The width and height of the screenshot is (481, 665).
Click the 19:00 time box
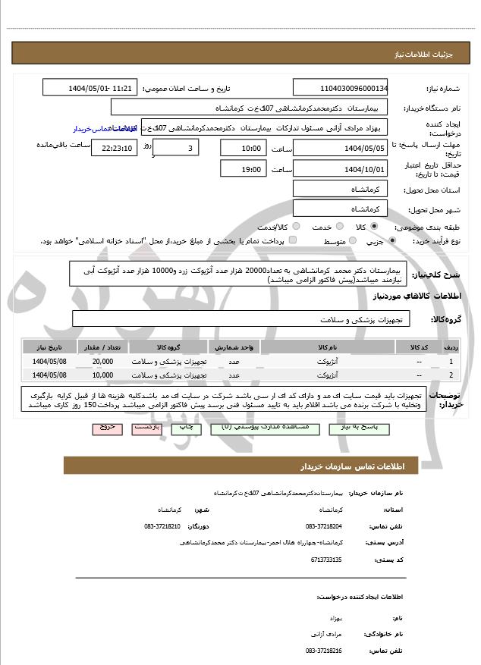click(243, 169)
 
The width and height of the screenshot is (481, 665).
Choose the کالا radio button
click(373, 227)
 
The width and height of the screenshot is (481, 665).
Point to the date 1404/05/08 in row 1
click(49, 362)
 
